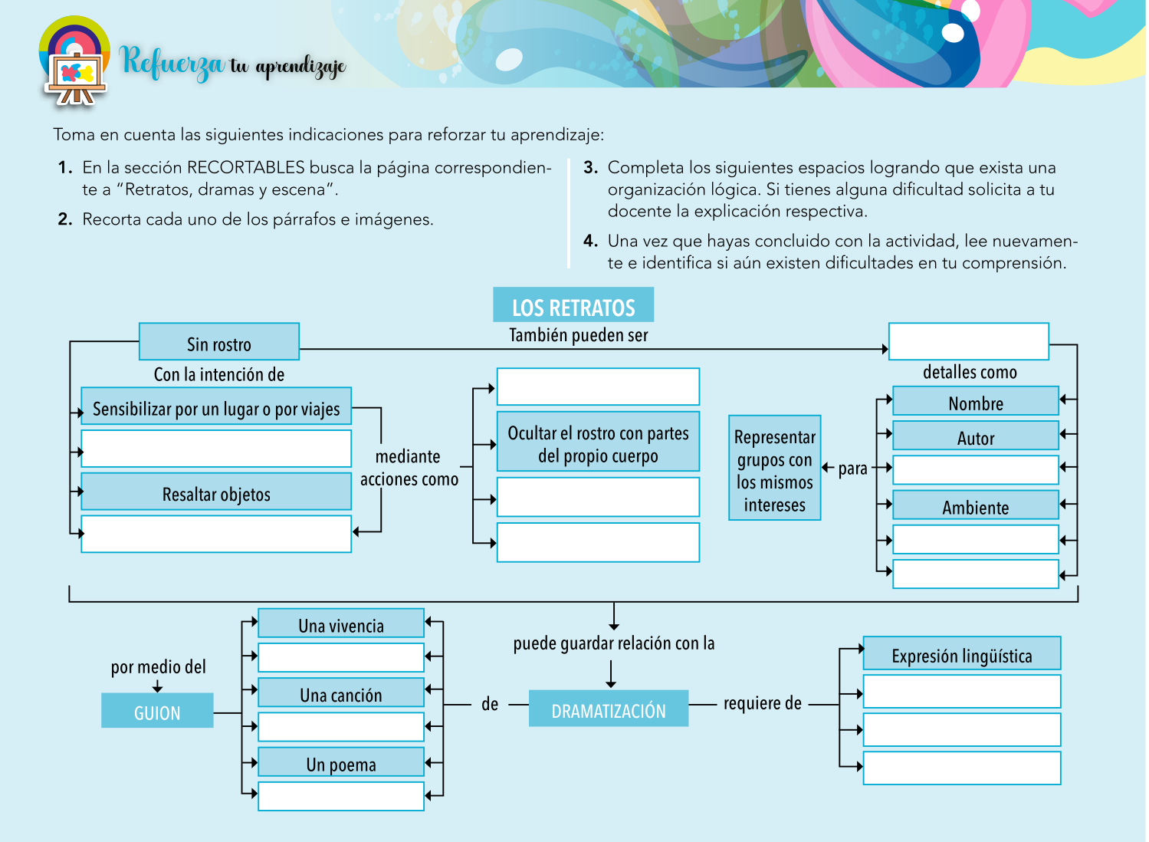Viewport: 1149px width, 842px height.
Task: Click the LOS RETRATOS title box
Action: (573, 306)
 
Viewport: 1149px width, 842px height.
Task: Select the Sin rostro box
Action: (219, 343)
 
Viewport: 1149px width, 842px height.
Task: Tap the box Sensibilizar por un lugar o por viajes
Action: (216, 407)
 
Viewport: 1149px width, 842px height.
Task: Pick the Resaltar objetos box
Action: (216, 493)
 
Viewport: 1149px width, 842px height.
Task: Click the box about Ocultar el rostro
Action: (598, 443)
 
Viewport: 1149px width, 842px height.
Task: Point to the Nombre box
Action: (975, 402)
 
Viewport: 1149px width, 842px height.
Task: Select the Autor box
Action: (975, 436)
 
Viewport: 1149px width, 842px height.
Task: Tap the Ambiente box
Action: (975, 506)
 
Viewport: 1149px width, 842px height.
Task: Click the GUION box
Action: (157, 712)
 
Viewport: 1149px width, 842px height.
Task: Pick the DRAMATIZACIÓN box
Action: (609, 709)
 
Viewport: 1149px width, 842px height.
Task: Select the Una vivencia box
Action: (341, 624)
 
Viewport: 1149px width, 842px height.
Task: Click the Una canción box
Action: (341, 693)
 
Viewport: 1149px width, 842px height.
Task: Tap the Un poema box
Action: (341, 763)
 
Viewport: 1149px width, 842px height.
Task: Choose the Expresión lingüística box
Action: (961, 654)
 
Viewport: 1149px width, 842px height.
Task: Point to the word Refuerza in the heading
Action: (172, 62)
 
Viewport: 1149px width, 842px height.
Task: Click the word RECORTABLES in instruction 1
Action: (246, 168)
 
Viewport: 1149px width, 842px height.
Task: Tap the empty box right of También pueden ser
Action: (968, 342)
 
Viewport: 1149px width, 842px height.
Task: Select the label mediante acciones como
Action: (409, 468)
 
